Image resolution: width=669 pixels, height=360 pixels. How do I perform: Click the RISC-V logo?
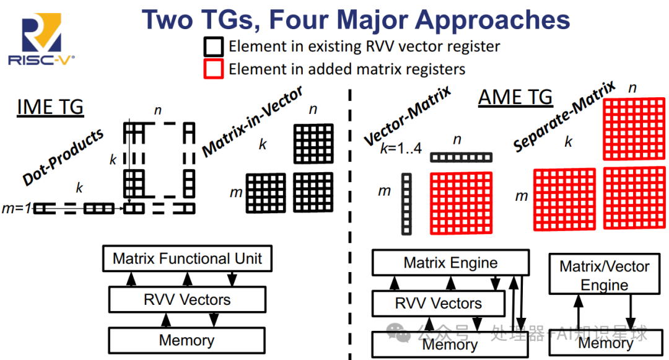tap(41, 41)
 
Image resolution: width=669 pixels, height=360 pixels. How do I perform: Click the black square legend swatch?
tap(213, 46)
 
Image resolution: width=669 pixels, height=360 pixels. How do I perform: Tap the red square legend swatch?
tap(213, 68)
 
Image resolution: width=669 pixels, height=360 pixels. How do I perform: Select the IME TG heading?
tap(50, 107)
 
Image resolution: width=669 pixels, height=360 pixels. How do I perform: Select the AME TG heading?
tap(515, 97)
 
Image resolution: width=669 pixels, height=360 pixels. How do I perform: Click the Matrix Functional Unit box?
tap(187, 258)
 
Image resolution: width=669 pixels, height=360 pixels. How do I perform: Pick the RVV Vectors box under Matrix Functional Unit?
tap(187, 300)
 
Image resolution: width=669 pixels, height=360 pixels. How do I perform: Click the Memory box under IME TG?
tap(186, 340)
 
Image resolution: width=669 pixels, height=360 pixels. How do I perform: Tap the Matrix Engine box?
tap(450, 263)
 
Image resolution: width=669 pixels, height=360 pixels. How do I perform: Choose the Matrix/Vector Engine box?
tap(604, 276)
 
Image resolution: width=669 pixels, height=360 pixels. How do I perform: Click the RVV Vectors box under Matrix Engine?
tap(438, 304)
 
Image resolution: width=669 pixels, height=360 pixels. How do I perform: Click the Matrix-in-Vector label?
tap(253, 121)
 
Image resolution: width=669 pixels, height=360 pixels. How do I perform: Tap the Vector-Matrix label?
tap(408, 116)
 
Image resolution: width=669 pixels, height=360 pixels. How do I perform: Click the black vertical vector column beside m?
tap(406, 204)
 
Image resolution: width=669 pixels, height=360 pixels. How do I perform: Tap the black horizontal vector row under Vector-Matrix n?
tap(461, 157)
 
